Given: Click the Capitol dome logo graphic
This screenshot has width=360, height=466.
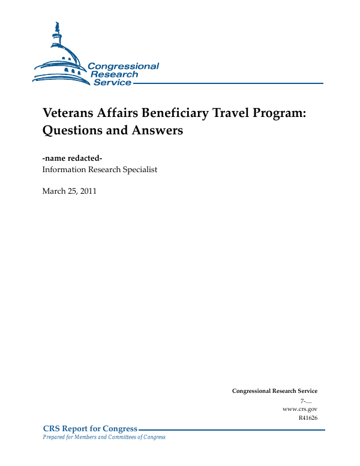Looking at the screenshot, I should pos(60,57).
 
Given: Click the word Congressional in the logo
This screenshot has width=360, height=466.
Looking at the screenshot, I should pos(124,66).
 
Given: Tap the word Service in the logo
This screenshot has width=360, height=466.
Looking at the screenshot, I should pos(112,82).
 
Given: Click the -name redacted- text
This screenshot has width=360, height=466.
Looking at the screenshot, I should pos(73,158).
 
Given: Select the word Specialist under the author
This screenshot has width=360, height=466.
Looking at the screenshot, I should pos(139,170).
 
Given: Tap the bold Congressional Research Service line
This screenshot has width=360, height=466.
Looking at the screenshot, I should pos(274,391).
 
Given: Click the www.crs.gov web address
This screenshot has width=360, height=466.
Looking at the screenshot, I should pos(299,408).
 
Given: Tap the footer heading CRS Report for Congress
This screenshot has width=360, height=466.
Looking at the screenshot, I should pos(90,428).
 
